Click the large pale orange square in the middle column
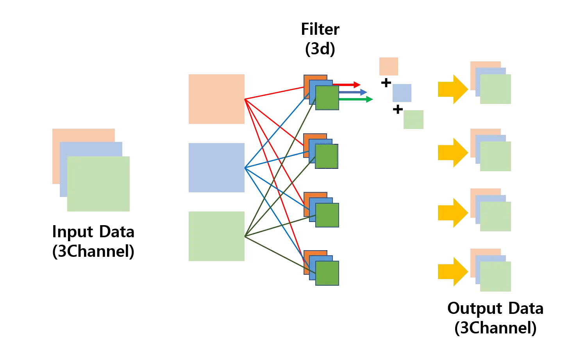coord(216,99)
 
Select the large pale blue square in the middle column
coord(216,168)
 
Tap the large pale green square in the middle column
coord(216,236)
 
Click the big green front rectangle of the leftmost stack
coord(98,184)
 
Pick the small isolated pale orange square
coord(389,67)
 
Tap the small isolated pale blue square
coord(401,93)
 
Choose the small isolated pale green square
coord(414,120)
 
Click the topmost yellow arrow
coord(452,89)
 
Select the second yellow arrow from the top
coord(452,153)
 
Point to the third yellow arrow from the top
coord(452,212)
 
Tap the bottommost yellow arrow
coord(452,272)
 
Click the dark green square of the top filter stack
coord(327,98)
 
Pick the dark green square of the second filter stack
coord(327,156)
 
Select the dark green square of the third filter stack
coord(327,215)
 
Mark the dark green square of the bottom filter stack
coord(327,273)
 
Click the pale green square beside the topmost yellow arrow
coord(495,90)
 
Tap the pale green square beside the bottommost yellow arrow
coord(495,277)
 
